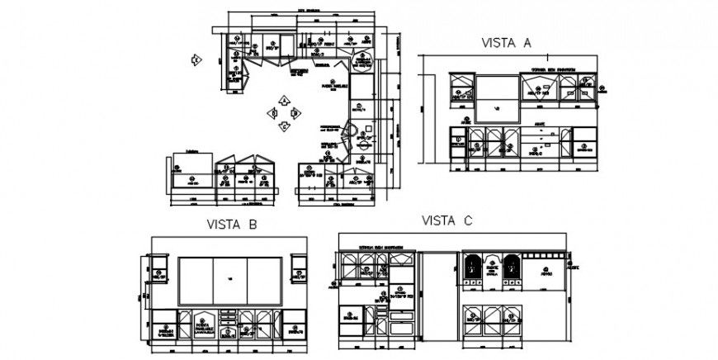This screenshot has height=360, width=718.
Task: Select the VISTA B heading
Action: click(x=233, y=224)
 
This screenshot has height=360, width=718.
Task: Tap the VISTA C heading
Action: click(x=446, y=220)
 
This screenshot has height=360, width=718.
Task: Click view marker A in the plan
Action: click(x=283, y=100)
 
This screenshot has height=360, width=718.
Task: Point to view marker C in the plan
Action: click(x=283, y=126)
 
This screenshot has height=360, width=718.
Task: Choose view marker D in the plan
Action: click(x=272, y=113)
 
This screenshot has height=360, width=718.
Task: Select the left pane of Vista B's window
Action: click(x=196, y=281)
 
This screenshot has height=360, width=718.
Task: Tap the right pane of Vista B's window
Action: click(x=263, y=281)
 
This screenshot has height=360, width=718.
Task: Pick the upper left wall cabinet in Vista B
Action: click(x=159, y=268)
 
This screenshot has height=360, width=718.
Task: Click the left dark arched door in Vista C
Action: click(x=474, y=269)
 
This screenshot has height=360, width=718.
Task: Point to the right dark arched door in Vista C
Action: click(x=511, y=269)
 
